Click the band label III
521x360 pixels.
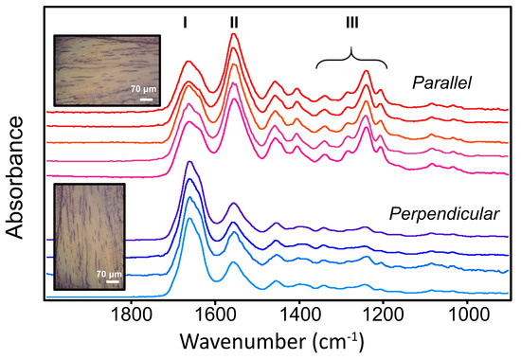tap(351, 19)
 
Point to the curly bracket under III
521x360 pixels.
tap(351, 57)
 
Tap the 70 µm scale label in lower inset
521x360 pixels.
tap(111, 273)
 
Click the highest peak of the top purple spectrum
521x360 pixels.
tap(189, 164)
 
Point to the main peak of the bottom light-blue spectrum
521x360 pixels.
tap(189, 220)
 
